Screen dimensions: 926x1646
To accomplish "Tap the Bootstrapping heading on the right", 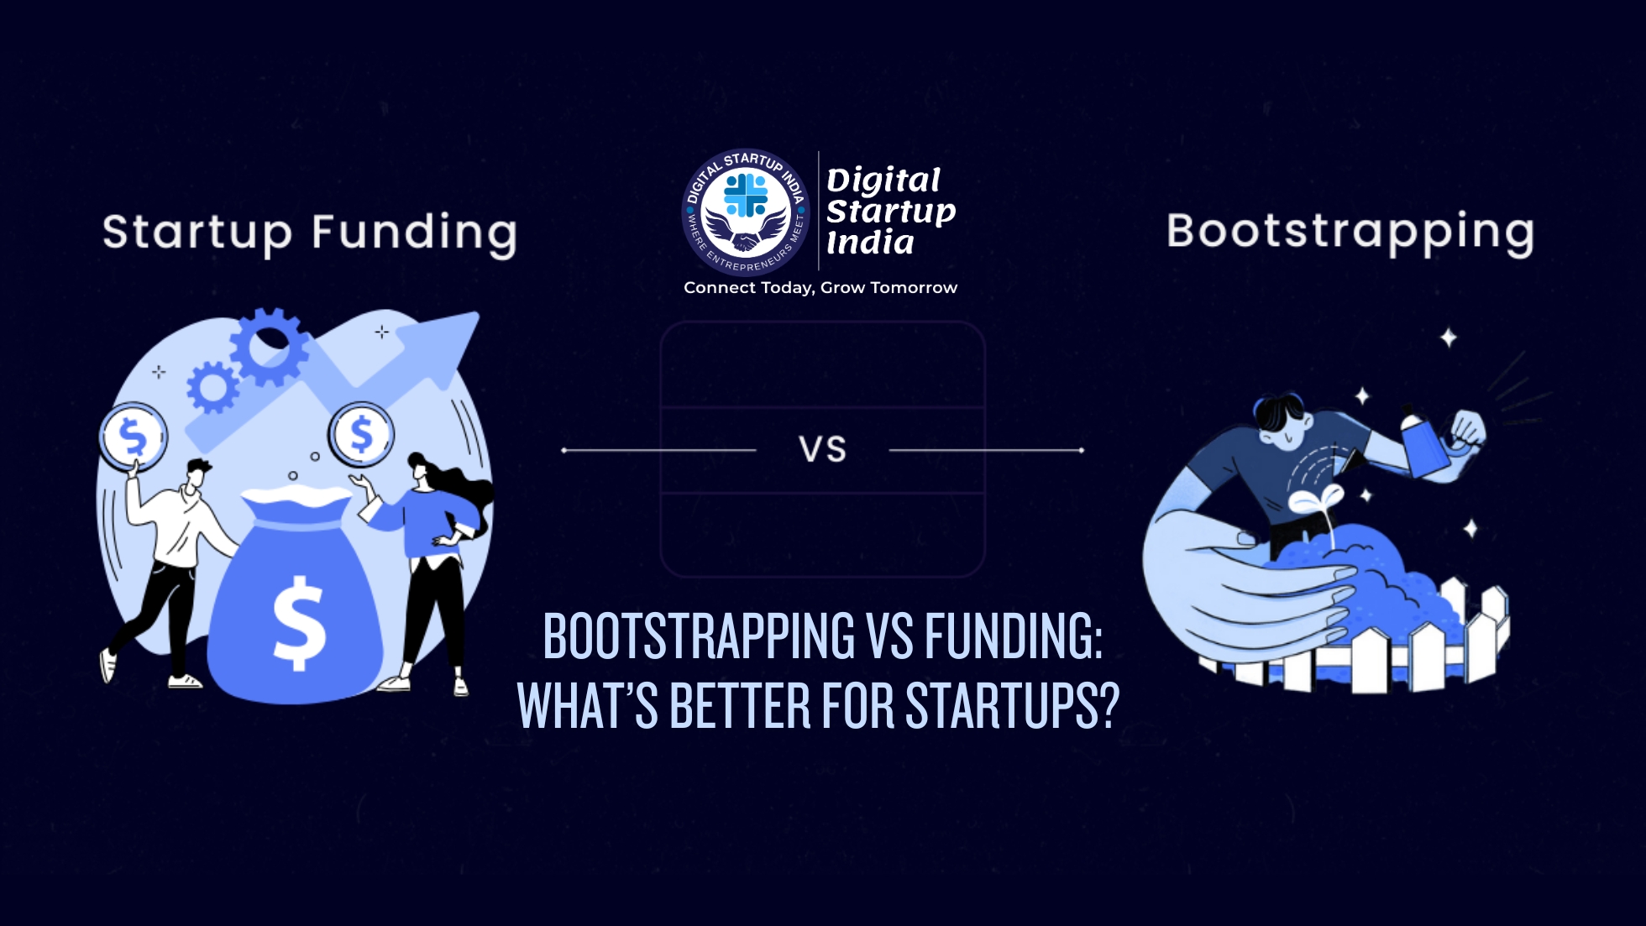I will (x=1350, y=232).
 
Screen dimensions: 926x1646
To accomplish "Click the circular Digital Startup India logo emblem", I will (x=746, y=212).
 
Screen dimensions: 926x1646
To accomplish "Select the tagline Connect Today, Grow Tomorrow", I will (x=820, y=288).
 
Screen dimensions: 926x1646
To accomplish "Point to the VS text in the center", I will (x=822, y=450).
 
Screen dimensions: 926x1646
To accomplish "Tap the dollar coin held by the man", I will (x=134, y=437).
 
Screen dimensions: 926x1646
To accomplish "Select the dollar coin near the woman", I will (x=361, y=434).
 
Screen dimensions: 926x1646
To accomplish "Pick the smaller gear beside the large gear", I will (x=212, y=387).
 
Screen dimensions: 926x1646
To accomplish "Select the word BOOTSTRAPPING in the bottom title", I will (x=699, y=636).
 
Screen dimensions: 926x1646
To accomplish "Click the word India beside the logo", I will (x=870, y=243).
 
